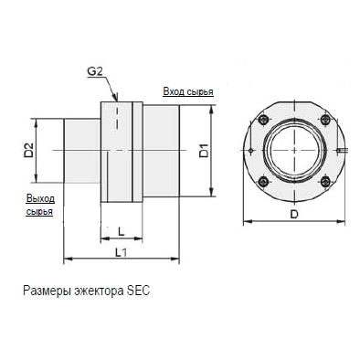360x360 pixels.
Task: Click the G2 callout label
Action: [x=95, y=71]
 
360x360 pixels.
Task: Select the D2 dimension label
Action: [x=28, y=150]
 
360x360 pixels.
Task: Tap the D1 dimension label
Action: [x=204, y=150]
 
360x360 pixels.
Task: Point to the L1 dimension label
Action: [x=121, y=252]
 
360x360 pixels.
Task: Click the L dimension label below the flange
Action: [x=122, y=232]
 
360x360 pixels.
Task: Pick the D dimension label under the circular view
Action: [x=294, y=215]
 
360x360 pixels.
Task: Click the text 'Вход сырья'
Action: [x=188, y=91]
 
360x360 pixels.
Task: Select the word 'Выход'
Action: [x=40, y=198]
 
